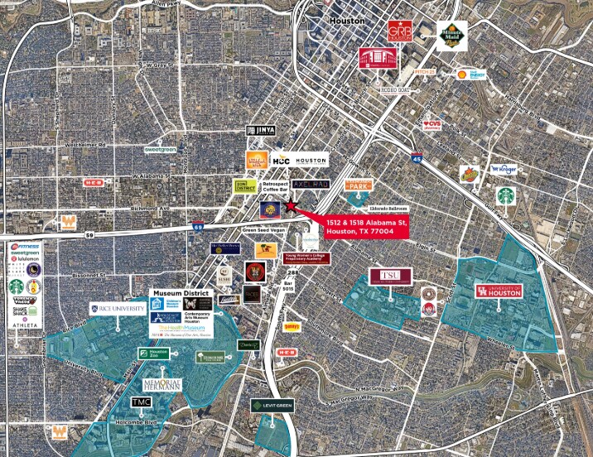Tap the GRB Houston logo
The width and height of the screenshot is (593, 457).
click(399, 33)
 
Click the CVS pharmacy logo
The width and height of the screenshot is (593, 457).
click(432, 125)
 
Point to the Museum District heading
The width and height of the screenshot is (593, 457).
click(181, 294)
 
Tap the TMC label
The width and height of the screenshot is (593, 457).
click(143, 402)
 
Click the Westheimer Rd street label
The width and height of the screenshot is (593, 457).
click(92, 145)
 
